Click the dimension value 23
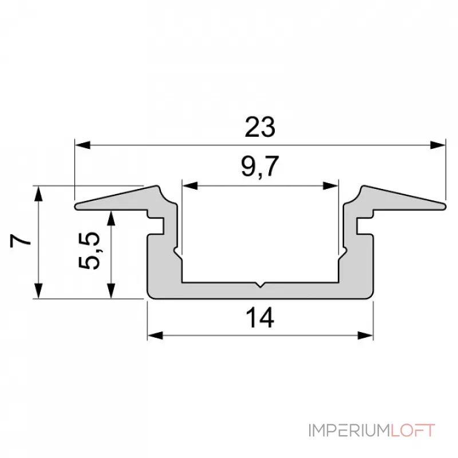(x=260, y=127)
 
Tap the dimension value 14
(x=260, y=318)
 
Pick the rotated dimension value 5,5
(x=92, y=250)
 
